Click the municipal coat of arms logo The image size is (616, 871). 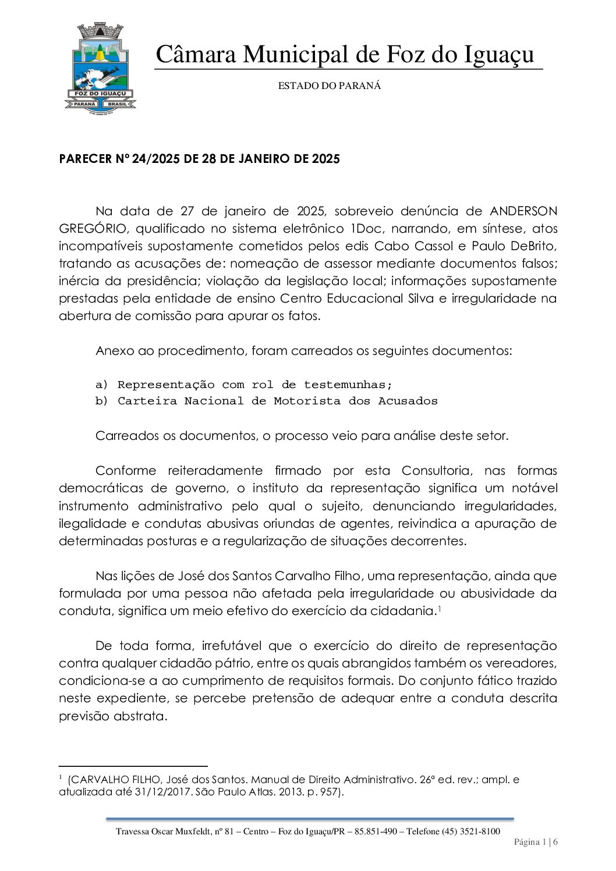pyautogui.click(x=100, y=69)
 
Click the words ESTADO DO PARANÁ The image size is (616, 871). pyautogui.click(x=329, y=86)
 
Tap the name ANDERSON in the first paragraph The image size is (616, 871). pyautogui.click(x=523, y=211)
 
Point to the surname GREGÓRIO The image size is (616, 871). pyautogui.click(x=92, y=229)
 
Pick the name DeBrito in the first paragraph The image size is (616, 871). pyautogui.click(x=534, y=246)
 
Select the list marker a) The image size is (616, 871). pyautogui.click(x=101, y=385)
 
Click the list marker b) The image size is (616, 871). pyautogui.click(x=101, y=401)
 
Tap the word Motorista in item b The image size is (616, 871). pyautogui.click(x=307, y=401)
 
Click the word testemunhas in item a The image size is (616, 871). pyautogui.click(x=348, y=385)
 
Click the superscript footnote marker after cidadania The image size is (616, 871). pyautogui.click(x=439, y=609)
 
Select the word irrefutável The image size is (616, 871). pyautogui.click(x=232, y=646)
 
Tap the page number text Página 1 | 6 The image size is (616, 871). pyautogui.click(x=536, y=842)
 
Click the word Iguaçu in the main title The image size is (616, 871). pyautogui.click(x=499, y=55)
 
